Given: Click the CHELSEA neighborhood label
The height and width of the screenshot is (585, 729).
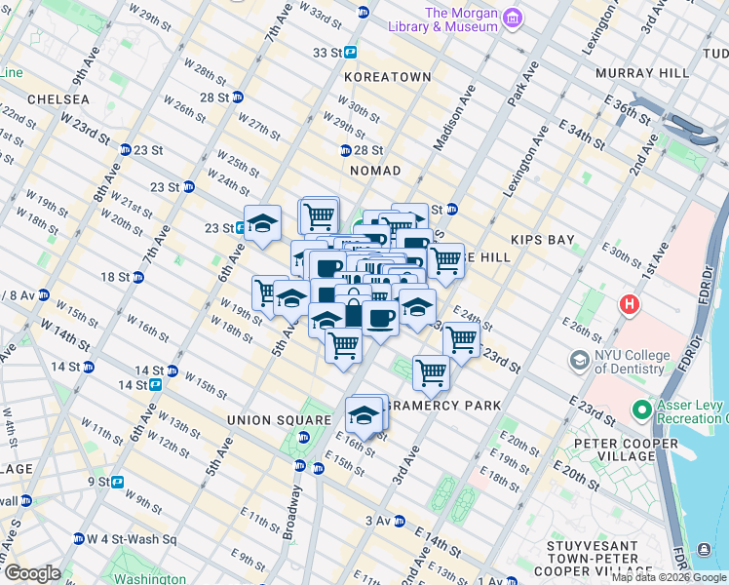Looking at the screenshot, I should [58, 99].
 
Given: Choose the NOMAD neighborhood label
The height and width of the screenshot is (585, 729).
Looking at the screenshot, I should [375, 171].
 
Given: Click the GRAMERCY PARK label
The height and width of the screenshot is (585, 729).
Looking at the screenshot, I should [443, 405].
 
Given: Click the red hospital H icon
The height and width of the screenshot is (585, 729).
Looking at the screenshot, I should [631, 305].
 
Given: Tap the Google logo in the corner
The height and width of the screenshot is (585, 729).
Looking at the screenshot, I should [32, 573].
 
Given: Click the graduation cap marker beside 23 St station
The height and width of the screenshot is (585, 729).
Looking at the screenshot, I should [262, 223].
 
